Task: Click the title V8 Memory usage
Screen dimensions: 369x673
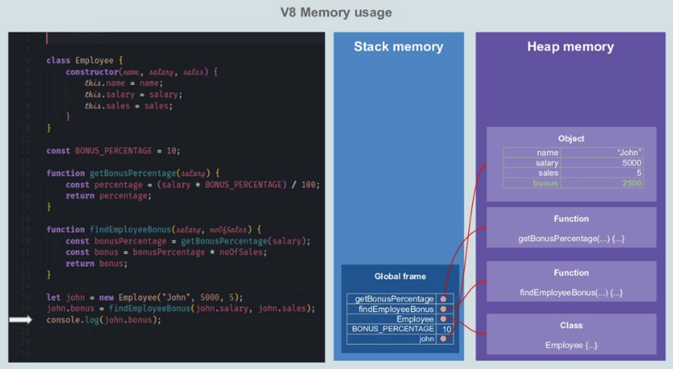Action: (336, 13)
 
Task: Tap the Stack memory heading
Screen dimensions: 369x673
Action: (398, 47)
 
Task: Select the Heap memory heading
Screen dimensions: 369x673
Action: (570, 47)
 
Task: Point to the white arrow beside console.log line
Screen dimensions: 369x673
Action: (21, 320)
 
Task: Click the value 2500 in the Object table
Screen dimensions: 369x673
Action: (632, 183)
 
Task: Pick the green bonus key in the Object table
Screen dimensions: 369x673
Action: (545, 183)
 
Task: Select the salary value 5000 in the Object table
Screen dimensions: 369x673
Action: (631, 163)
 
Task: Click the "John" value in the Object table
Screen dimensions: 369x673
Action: (629, 152)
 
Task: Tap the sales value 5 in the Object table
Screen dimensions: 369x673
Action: (639, 173)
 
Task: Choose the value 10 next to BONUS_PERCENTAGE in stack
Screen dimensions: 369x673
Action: (447, 329)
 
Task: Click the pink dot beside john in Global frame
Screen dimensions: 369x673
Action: (444, 339)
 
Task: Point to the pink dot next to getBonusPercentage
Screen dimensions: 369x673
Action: (444, 299)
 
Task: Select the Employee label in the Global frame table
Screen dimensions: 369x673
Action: (415, 319)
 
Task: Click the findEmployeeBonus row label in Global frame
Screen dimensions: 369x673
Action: (396, 309)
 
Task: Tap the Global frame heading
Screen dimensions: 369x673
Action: (400, 276)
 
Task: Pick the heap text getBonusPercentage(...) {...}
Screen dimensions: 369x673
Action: (571, 239)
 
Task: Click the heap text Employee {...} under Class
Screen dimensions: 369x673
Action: (571, 345)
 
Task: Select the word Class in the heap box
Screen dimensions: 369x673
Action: (571, 325)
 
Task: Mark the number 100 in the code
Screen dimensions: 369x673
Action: (308, 185)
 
